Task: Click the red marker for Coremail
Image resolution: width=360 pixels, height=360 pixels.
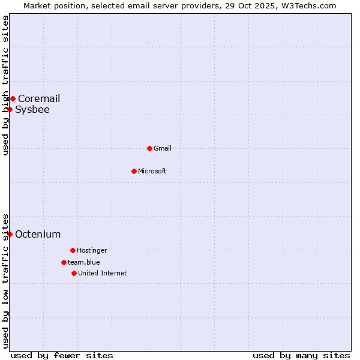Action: (x=13, y=98)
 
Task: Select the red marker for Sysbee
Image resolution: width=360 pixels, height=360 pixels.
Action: (x=10, y=109)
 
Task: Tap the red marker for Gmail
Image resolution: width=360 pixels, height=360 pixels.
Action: (x=149, y=148)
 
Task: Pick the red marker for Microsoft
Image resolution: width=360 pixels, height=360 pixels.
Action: (x=134, y=171)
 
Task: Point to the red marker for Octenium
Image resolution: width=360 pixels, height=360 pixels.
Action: (x=10, y=234)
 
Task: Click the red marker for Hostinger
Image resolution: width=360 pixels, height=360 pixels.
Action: (x=73, y=250)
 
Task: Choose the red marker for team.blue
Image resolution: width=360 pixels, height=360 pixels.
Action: (x=64, y=262)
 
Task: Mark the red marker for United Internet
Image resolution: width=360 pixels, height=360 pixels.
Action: (x=74, y=273)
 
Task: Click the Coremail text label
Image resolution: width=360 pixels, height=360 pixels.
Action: (x=39, y=98)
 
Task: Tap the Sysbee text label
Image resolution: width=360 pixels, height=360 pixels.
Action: (x=32, y=109)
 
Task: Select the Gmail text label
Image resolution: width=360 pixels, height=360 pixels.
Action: (x=163, y=148)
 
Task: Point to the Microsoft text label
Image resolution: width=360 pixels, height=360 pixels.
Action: (x=152, y=171)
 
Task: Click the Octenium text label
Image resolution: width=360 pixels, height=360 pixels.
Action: (x=38, y=234)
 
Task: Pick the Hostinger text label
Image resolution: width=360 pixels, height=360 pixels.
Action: (x=92, y=250)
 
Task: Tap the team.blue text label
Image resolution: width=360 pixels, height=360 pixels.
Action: (x=84, y=262)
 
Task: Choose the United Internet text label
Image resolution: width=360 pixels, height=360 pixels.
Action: (x=103, y=273)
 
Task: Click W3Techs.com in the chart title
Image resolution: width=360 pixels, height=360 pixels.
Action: (x=308, y=5)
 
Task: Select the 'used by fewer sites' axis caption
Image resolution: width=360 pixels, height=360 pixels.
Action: (x=62, y=355)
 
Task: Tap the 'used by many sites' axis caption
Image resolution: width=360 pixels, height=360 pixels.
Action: (x=301, y=355)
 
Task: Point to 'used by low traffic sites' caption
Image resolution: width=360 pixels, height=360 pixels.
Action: (x=5, y=280)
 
